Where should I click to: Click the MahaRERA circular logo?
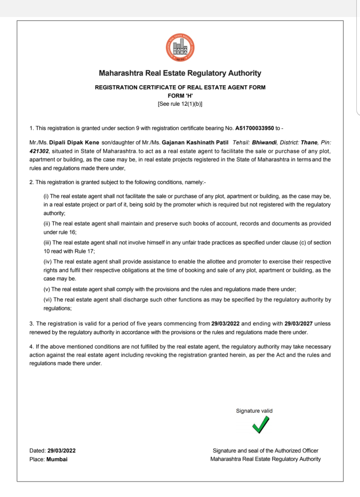point(180,48)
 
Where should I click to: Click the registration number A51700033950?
point(254,128)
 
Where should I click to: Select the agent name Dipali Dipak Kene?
point(74,143)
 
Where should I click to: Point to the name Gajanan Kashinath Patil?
point(195,143)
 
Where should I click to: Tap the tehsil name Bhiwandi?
point(264,143)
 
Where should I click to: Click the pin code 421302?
point(39,151)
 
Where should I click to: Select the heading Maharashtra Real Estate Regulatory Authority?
point(180,73)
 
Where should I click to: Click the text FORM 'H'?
point(180,96)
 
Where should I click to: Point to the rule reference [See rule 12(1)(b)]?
point(180,104)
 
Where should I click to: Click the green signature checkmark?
point(260,425)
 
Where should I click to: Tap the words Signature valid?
point(254,411)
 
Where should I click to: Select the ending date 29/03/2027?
point(298,324)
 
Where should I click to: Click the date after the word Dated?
point(61,451)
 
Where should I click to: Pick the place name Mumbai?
point(57,459)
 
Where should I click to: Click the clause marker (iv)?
point(48,262)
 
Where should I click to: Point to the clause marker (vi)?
point(48,300)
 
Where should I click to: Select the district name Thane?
point(309,143)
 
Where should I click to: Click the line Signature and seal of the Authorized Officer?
point(265,451)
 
